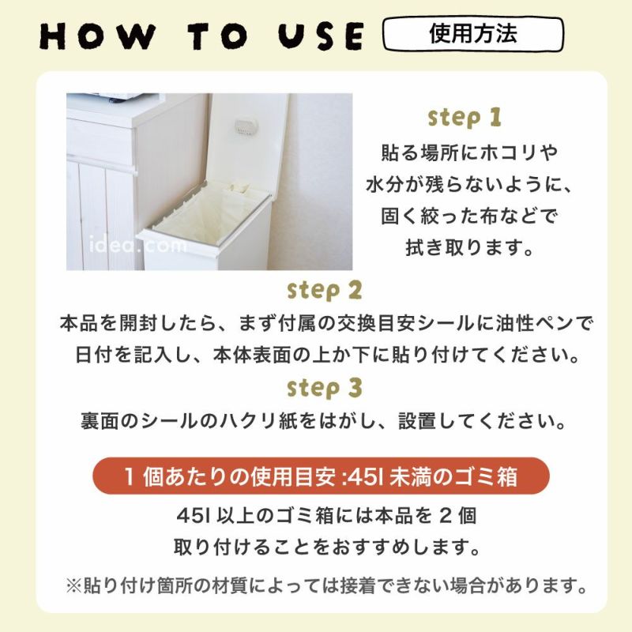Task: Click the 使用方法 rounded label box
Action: (473, 35)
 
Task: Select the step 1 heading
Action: (464, 118)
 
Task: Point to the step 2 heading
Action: (325, 290)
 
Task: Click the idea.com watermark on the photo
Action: (138, 246)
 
